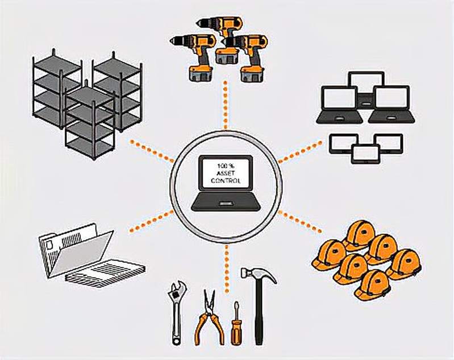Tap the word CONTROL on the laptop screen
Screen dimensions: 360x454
point(226,181)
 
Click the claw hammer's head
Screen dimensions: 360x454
point(257,274)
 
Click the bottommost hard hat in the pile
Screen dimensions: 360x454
point(372,284)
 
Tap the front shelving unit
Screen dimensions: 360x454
point(89,122)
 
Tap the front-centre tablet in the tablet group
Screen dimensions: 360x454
point(365,152)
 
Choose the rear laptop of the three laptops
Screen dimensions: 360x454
point(366,85)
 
